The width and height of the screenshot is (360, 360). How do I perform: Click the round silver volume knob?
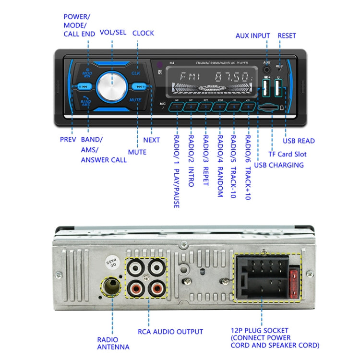113,86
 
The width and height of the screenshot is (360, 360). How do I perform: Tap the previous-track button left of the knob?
83,87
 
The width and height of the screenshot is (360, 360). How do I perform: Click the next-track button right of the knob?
140,87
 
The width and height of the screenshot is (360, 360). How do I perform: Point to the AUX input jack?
266,70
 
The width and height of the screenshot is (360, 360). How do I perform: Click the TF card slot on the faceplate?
267,108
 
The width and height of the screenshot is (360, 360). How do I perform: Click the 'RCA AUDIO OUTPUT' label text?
170,331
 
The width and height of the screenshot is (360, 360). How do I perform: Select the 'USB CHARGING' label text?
278,165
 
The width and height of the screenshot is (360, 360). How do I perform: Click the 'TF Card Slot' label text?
287,154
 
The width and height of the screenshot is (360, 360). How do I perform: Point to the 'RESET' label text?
286,36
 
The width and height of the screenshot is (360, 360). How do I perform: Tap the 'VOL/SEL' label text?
113,33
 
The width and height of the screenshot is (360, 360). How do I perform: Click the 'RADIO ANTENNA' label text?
113,343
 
